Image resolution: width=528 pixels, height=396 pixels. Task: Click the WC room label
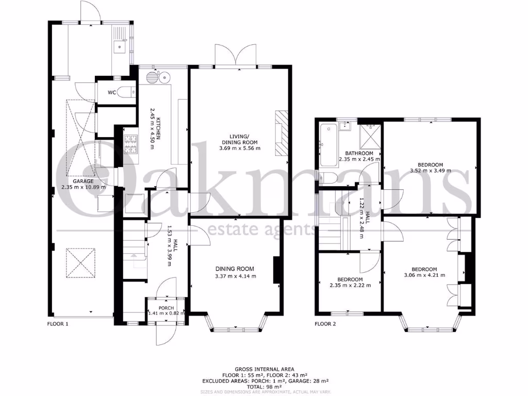click(111, 93)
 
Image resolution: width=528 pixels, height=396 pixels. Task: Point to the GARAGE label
click(82, 181)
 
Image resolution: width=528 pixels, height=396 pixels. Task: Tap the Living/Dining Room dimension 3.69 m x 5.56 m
click(239, 148)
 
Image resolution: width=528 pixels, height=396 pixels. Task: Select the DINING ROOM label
click(235, 269)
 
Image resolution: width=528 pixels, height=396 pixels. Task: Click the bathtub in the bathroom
click(327, 145)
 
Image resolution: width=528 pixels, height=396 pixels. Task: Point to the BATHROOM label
click(359, 153)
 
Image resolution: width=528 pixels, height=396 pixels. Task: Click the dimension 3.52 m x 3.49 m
click(430, 171)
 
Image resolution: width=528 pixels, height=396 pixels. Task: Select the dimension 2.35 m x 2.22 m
click(350, 285)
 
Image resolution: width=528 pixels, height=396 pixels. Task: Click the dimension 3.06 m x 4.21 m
click(424, 276)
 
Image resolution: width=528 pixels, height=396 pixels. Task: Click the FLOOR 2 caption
click(325, 324)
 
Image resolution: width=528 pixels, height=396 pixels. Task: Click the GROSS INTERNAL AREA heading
click(264, 369)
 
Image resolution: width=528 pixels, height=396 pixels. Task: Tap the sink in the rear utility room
click(120, 47)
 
